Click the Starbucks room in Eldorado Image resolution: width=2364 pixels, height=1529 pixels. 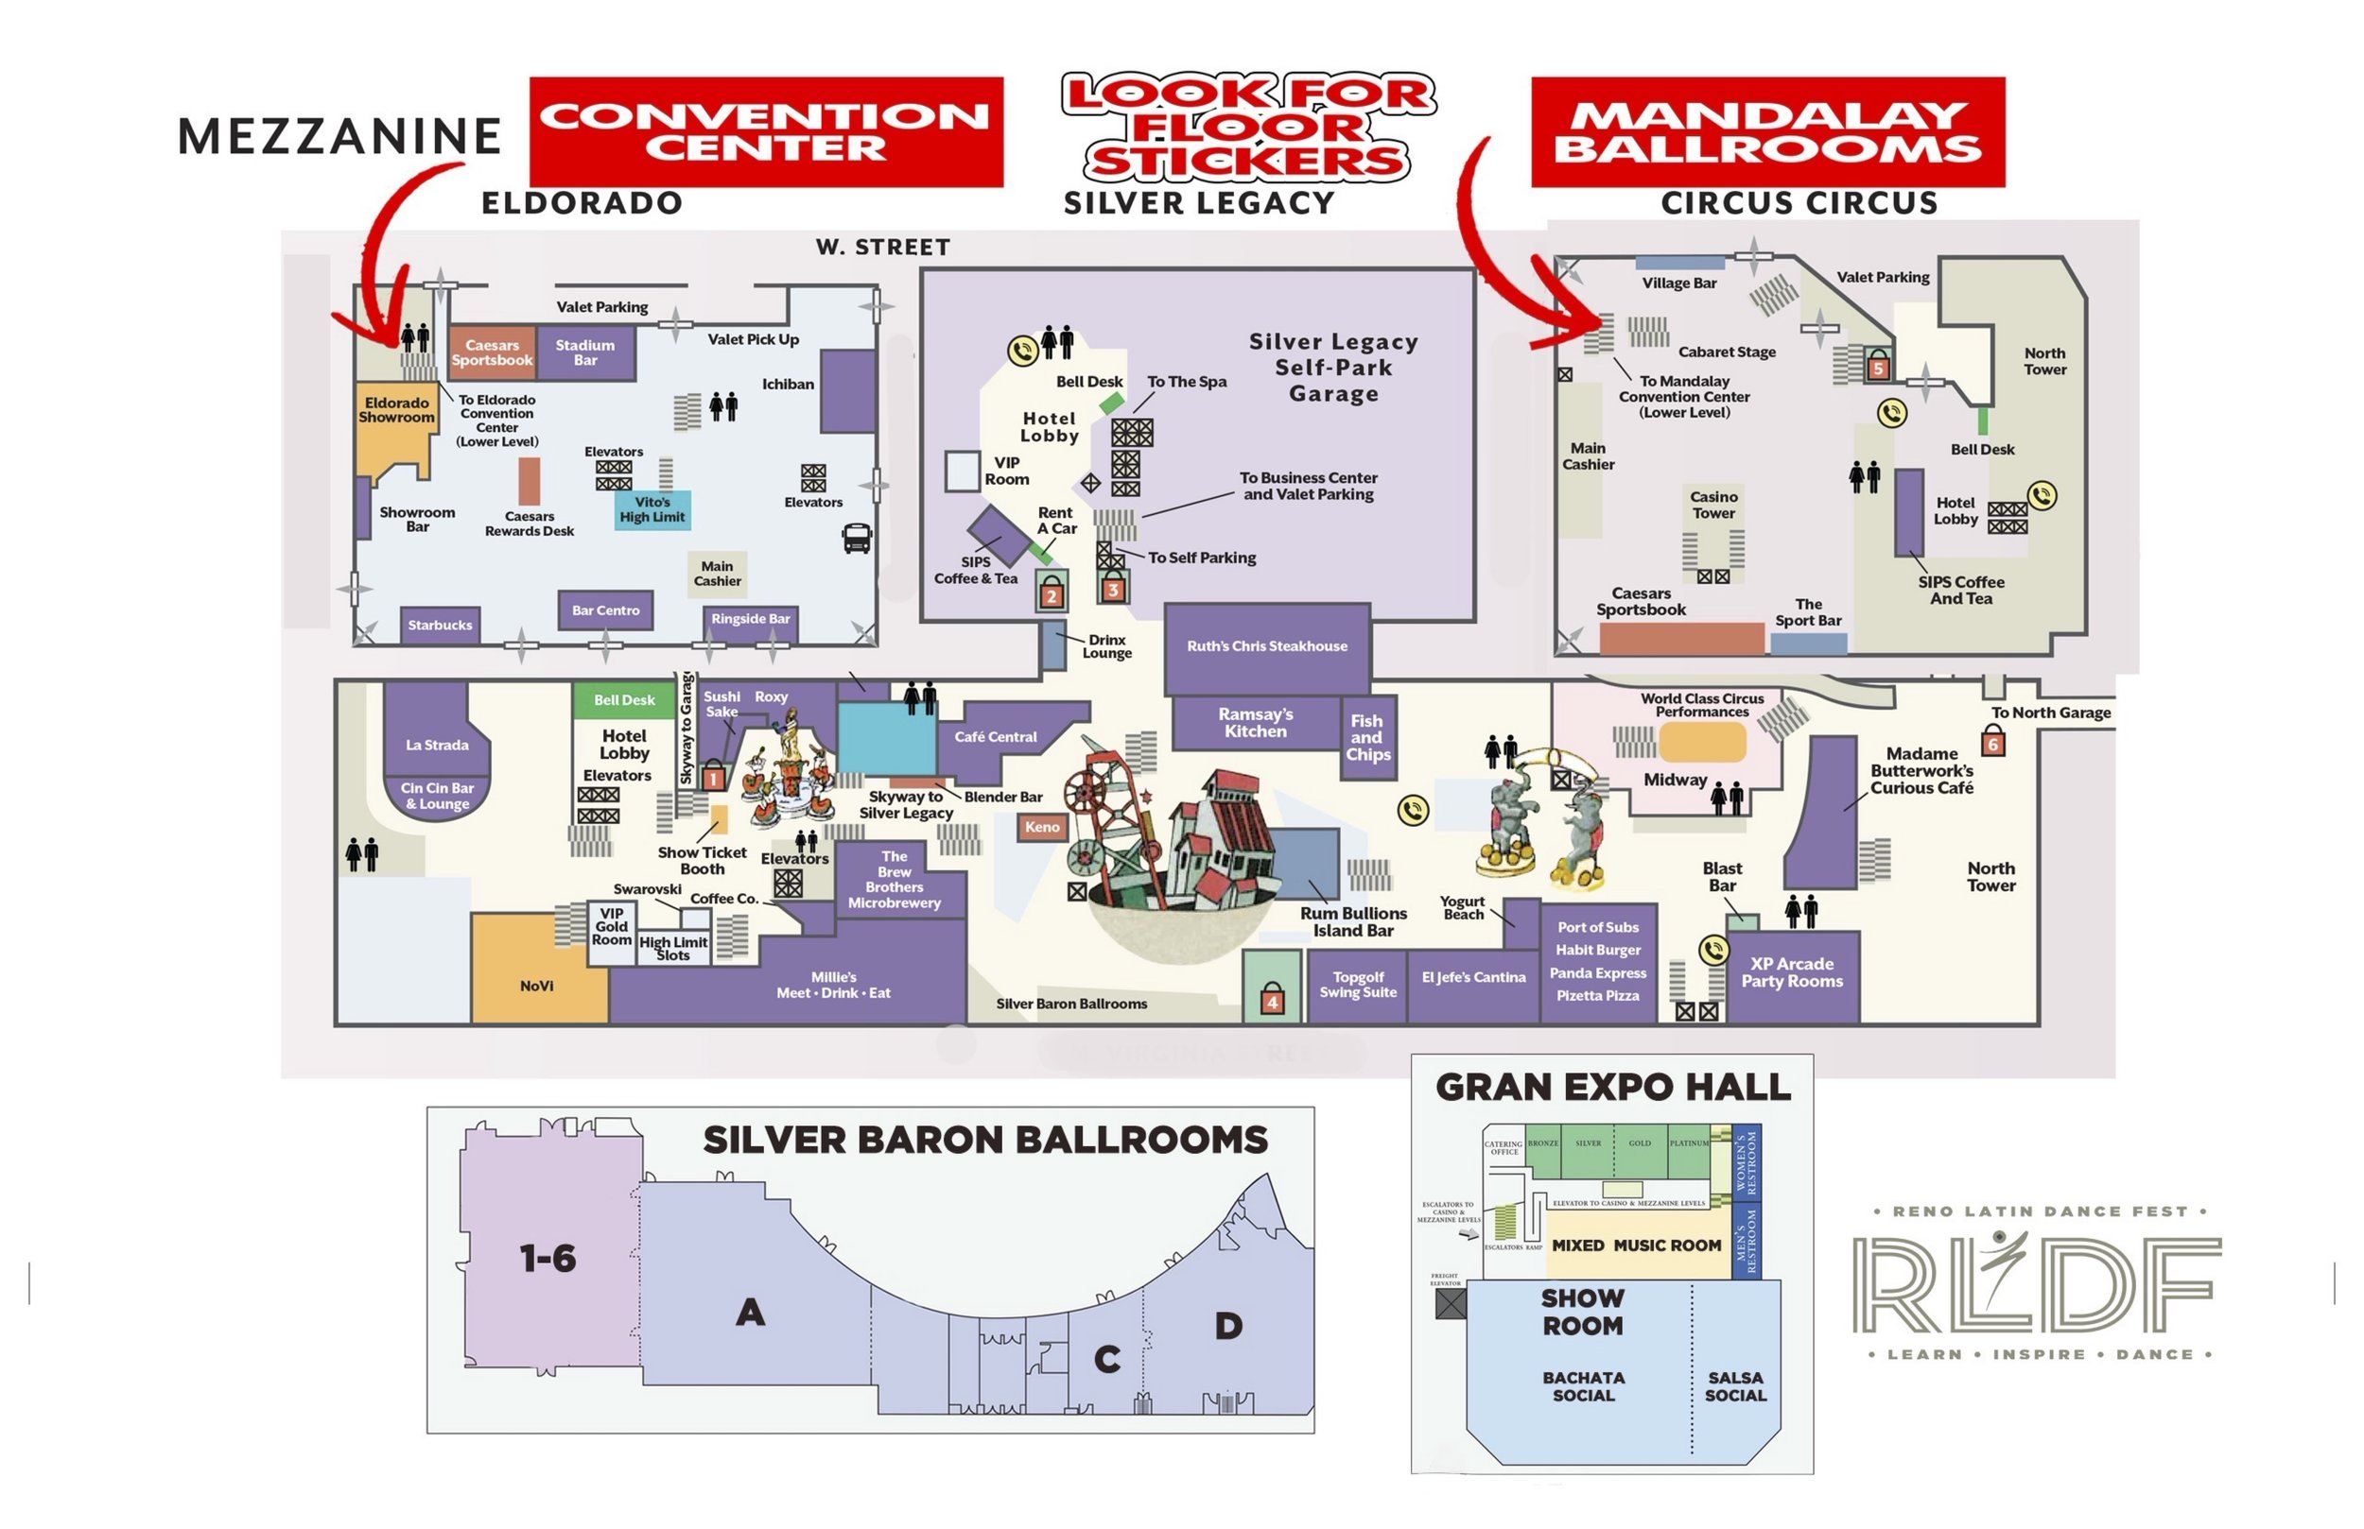(440, 626)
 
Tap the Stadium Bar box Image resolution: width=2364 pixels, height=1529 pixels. (585, 352)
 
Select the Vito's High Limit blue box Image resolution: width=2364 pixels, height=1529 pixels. (652, 510)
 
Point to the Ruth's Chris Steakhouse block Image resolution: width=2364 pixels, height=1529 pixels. (1266, 647)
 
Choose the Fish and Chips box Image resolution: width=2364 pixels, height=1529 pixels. (1366, 738)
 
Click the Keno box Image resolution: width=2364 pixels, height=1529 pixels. (1042, 827)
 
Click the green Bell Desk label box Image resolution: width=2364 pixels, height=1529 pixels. (624, 701)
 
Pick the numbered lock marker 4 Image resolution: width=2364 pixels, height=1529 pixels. (1272, 1001)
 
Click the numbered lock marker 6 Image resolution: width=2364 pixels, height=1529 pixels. (1992, 742)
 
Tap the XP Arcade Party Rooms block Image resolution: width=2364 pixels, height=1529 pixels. (1792, 974)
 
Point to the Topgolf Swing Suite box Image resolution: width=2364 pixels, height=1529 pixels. (1357, 985)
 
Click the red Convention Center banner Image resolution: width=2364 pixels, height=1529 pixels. (766, 132)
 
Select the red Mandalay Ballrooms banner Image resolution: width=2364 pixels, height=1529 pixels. (1767, 132)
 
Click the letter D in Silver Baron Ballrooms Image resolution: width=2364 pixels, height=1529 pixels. (1228, 1327)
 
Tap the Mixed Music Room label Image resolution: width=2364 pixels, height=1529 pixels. (1636, 1246)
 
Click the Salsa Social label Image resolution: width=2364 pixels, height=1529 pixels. (1735, 1387)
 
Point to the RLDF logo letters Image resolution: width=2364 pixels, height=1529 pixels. (2036, 1286)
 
